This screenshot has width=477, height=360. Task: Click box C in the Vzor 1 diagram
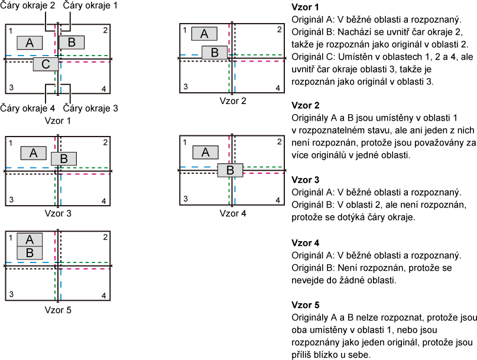pos(46,64)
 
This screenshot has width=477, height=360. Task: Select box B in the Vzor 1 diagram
pos(72,43)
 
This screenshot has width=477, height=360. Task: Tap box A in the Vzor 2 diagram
pos(205,34)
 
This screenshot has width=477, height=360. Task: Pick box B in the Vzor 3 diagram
pos(64,158)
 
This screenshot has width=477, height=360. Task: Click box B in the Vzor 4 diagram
pos(231,170)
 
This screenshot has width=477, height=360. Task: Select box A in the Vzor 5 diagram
pos(30,240)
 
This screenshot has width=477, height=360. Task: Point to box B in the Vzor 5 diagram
pos(30,253)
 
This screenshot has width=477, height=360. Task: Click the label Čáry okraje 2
pos(27,5)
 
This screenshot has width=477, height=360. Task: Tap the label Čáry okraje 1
pos(90,5)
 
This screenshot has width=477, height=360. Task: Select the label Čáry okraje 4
pos(27,108)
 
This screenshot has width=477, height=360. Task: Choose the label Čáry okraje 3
pos(90,108)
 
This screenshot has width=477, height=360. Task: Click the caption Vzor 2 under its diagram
pos(233,101)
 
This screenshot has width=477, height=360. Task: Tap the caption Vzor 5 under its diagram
pos(58,310)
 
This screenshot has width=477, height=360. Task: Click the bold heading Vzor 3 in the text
pos(306,180)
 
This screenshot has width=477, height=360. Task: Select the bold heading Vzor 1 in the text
pos(306,7)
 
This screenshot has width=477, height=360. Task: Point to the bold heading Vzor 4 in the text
pos(306,243)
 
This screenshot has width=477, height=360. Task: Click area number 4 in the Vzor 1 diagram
pos(104,89)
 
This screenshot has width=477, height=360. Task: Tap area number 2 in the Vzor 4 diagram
pos(279,142)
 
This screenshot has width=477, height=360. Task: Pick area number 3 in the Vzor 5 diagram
pos(11,294)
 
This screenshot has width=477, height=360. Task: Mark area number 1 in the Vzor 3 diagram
pos(11,143)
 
